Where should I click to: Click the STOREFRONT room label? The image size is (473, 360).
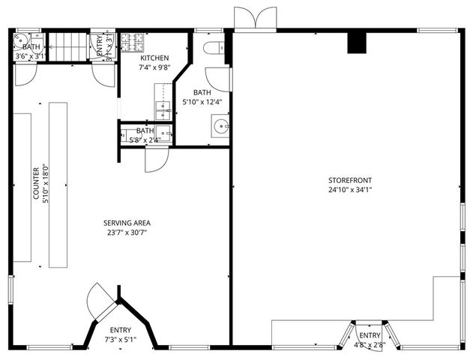349,180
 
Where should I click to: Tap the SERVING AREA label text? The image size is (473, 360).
127,223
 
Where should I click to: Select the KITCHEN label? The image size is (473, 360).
154,58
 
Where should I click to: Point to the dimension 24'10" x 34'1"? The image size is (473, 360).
349,190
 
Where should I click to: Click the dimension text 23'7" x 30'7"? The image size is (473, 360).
127,232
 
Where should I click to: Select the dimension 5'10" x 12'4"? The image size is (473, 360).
201,102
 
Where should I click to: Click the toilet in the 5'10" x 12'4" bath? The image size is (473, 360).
213,48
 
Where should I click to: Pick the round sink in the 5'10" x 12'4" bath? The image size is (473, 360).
220,124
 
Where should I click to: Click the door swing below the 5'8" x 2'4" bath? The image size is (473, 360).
155,160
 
